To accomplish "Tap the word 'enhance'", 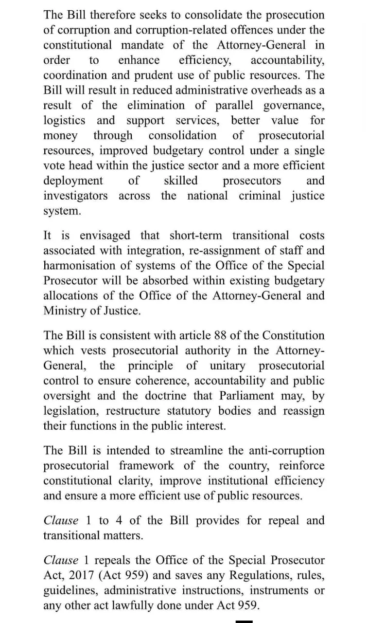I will coord(139,60).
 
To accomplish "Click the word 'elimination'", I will coord(156,105).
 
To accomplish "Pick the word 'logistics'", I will coord(64,120).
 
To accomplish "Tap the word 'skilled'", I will coord(180,181).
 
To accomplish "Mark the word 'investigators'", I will coord(76,196).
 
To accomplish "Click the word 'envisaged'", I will coord(105,236).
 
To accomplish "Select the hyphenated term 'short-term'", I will coord(195,236).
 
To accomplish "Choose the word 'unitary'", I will coord(228,366).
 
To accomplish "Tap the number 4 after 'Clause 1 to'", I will coord(119,520).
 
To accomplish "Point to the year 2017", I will coord(81,575).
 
